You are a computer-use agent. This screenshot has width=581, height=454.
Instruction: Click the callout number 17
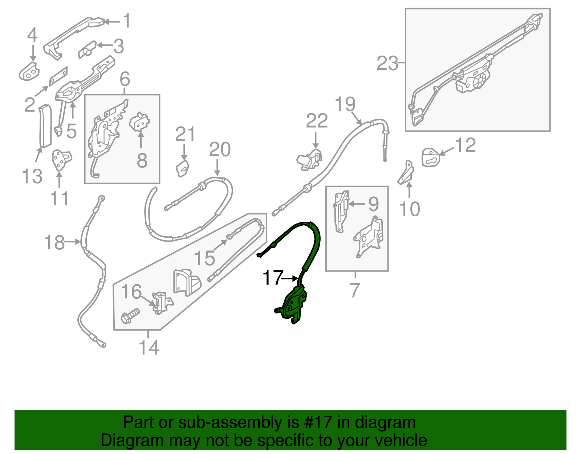point(272,278)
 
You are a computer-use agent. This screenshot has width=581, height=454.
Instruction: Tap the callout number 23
point(387,63)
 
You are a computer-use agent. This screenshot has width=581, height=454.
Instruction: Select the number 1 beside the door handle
point(127,21)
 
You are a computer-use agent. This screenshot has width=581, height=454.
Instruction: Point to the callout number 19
point(345,104)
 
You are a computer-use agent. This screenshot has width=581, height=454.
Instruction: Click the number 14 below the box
point(149,347)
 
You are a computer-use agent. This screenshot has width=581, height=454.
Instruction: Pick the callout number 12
point(465,145)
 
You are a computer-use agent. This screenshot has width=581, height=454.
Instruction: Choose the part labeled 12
point(431,157)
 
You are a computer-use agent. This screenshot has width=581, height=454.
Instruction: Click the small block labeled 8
point(140,122)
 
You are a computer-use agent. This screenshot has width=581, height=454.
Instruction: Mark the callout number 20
point(220,149)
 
